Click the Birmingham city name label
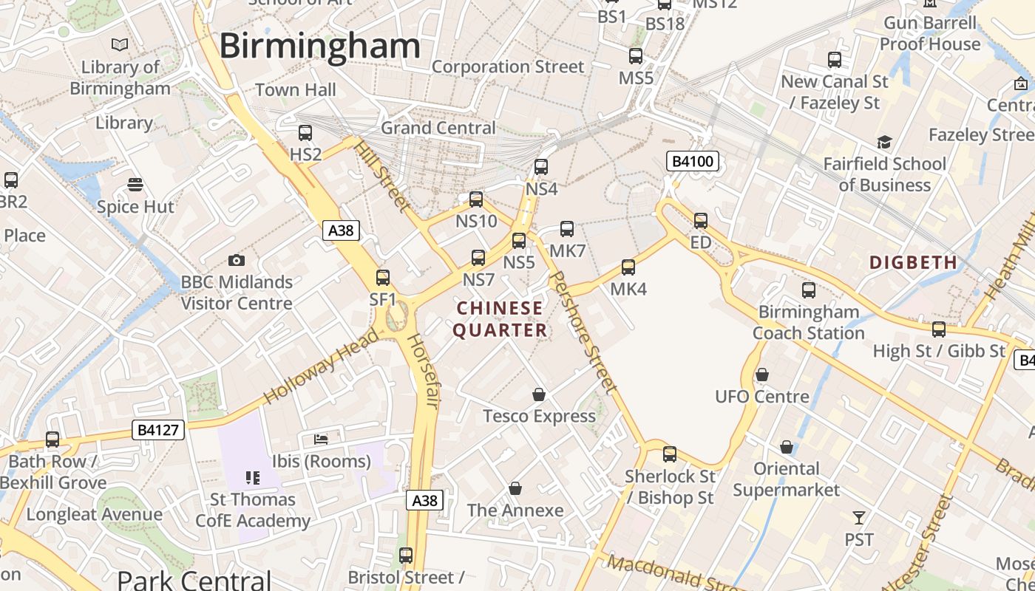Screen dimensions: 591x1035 [320, 47]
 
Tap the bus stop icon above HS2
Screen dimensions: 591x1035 [305, 133]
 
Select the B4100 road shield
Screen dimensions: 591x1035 [693, 161]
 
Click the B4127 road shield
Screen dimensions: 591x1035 [158, 429]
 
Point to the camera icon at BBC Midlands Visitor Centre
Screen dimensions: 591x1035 [237, 260]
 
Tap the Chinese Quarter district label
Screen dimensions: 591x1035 [500, 319]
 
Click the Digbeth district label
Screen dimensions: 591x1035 [913, 262]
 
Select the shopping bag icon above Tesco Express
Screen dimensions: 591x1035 [539, 394]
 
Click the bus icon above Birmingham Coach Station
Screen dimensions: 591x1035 [809, 290]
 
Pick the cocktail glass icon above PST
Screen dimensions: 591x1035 [859, 517]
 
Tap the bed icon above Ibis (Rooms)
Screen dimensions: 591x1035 [321, 440]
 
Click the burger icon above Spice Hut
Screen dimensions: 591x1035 [135, 184]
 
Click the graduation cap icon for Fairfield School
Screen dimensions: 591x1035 [884, 142]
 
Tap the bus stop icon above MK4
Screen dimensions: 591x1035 [628, 267]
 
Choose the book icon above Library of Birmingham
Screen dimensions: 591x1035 [120, 45]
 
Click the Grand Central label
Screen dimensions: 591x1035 [438, 128]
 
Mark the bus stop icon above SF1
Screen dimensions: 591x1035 [383, 278]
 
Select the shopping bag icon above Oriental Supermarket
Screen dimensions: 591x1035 [787, 447]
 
